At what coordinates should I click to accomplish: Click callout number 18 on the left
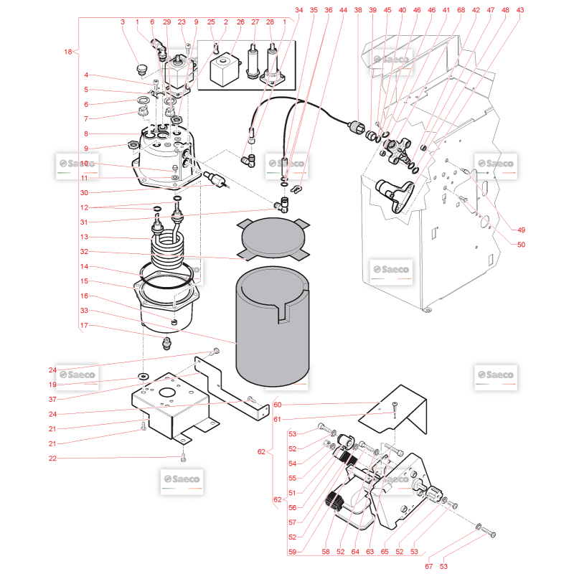pos(67,52)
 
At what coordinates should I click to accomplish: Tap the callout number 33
pos(84,311)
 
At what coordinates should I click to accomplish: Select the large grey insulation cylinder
pos(273,326)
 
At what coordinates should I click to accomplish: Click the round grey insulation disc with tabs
pos(273,239)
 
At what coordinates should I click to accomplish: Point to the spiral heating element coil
pos(168,246)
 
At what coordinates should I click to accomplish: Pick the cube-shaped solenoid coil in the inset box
pos(224,69)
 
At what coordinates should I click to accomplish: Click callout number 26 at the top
pos(240,22)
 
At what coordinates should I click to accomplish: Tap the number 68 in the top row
pos(461,10)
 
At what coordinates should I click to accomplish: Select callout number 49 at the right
pos(521,230)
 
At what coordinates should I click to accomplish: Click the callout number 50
pos(521,245)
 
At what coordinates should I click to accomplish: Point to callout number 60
pos(278,405)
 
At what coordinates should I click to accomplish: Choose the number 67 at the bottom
pos(428,566)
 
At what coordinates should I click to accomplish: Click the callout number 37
pos(52,399)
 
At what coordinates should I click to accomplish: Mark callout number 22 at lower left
pos(52,458)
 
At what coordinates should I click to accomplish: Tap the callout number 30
pos(84,192)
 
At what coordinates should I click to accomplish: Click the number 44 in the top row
pos(343,10)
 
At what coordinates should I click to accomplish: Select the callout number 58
pos(326,552)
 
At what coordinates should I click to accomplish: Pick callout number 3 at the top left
pos(123,22)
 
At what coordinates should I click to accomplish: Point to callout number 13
pos(84,237)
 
